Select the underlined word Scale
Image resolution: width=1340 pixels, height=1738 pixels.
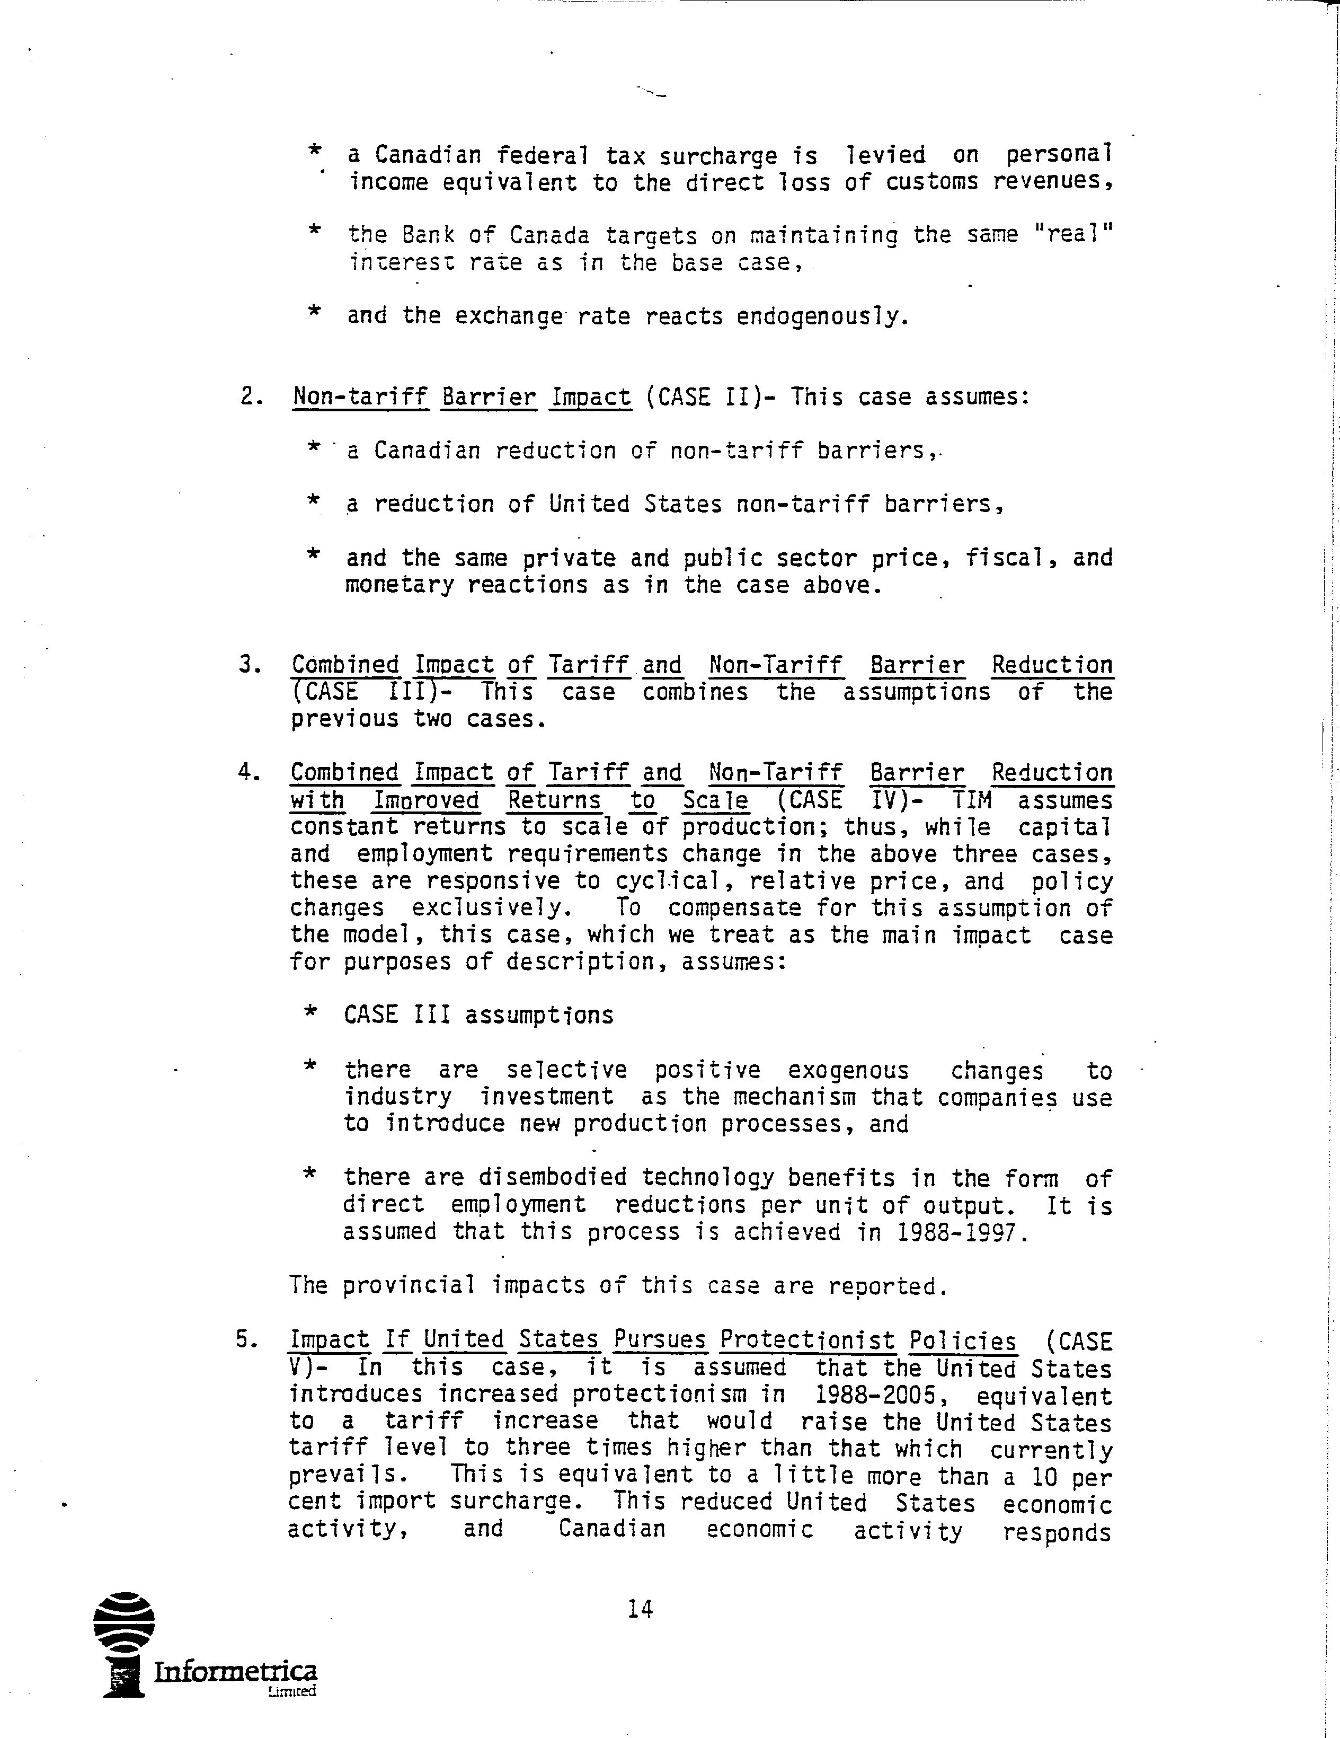click(x=715, y=800)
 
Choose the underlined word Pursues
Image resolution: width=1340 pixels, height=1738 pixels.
click(x=660, y=1341)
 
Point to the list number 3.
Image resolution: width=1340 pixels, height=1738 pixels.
click(x=249, y=665)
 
